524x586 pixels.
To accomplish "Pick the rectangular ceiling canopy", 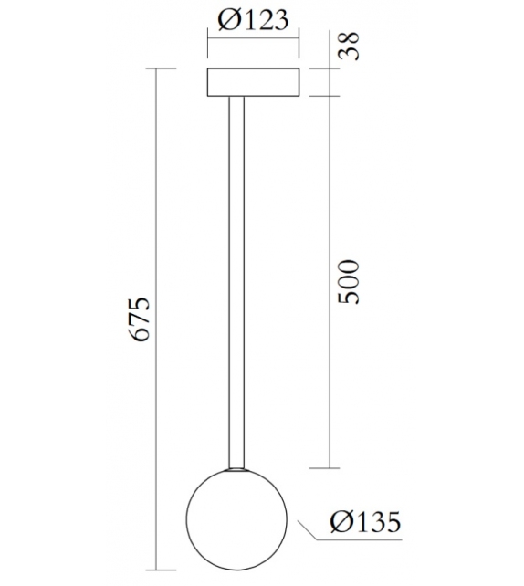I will tap(255, 81).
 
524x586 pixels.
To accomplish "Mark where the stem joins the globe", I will tap(237, 471).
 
